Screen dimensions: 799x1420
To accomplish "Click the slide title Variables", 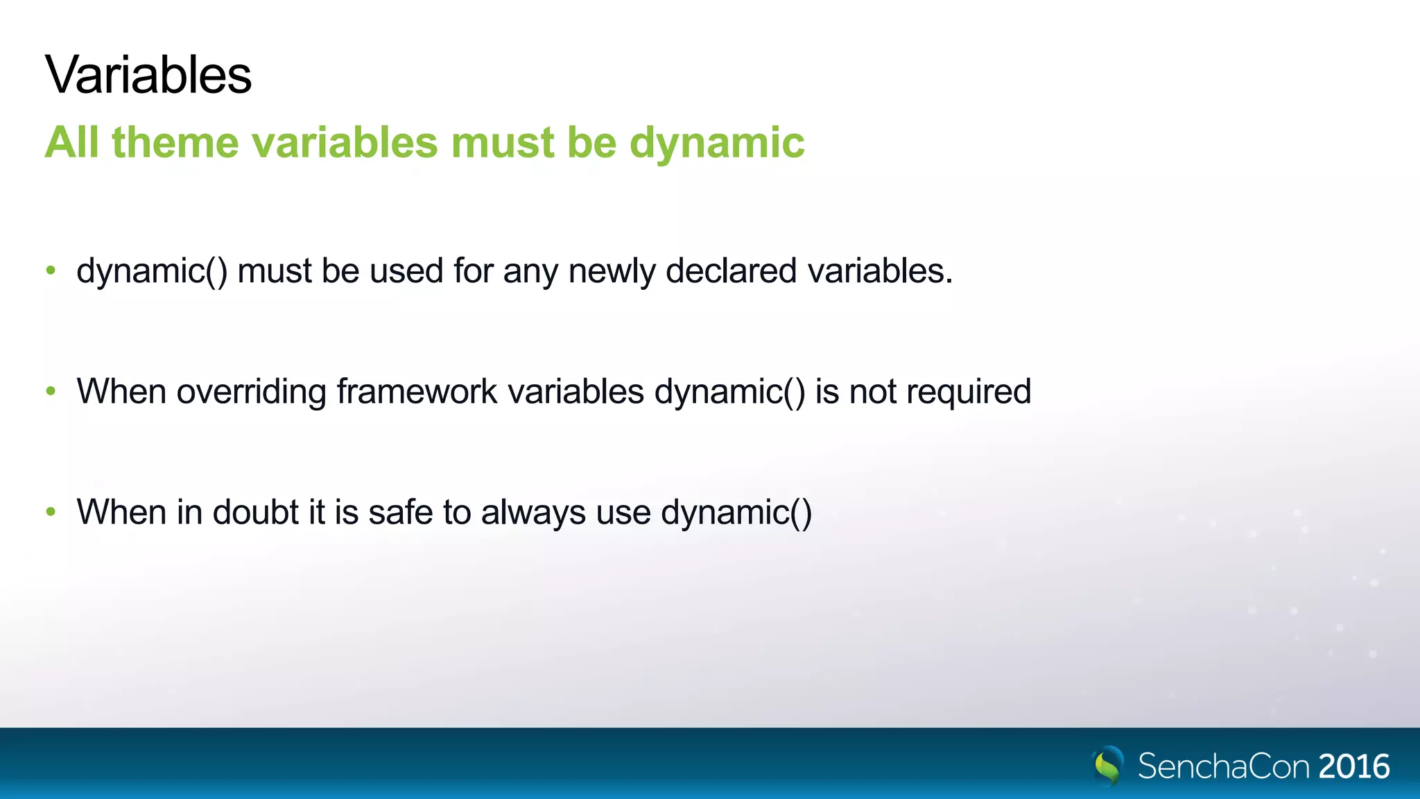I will click(148, 75).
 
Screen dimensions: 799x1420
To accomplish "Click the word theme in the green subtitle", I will click(175, 143).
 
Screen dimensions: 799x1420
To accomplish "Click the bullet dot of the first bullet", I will click(51, 270).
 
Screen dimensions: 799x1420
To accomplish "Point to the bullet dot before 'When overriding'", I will click(51, 391).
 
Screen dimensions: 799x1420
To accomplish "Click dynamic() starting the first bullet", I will click(152, 271).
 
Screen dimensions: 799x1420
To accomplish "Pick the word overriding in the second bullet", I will click(252, 392).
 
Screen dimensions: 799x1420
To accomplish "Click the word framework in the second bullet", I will click(417, 391).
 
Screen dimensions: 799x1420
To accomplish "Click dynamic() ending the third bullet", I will click(736, 513).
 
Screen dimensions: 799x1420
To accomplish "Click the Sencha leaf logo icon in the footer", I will click(1108, 766).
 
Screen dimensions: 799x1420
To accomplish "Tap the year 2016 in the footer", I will click(1354, 767).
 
